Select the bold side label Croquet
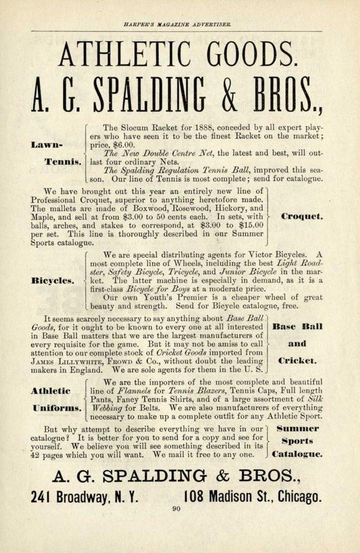click(302, 217)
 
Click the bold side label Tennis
click(63, 162)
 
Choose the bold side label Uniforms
click(55, 408)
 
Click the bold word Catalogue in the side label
click(298, 454)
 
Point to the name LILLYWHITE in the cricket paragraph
click(81, 360)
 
